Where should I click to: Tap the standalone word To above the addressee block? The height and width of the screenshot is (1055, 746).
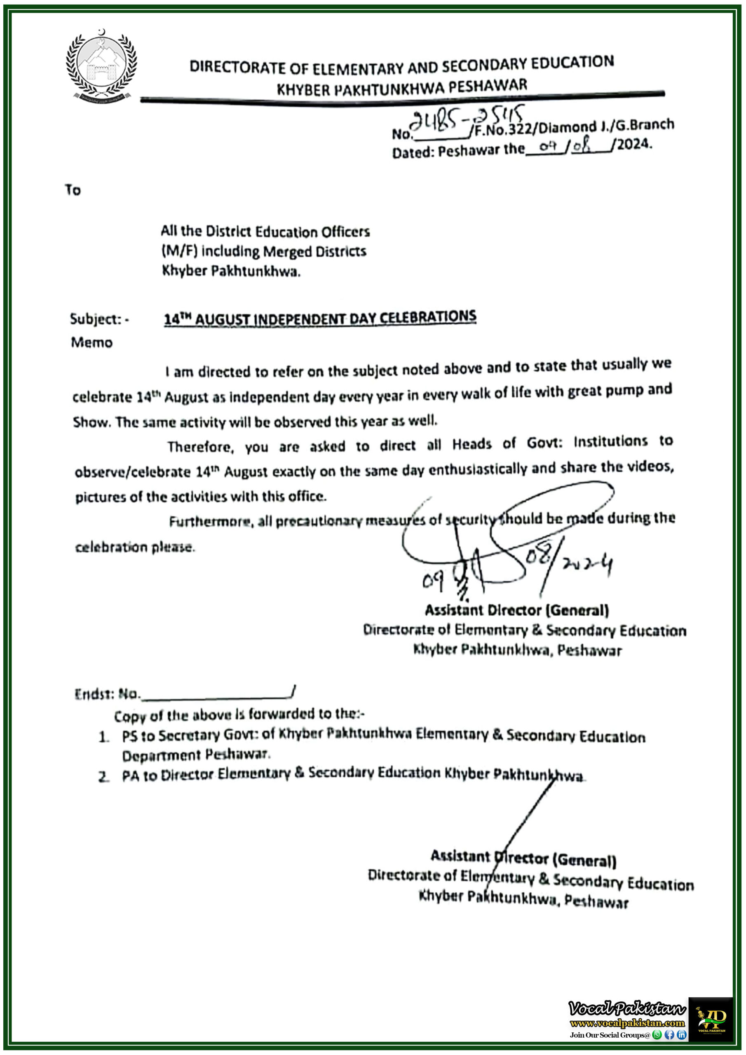[x=73, y=190]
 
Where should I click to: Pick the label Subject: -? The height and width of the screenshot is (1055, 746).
[x=99, y=319]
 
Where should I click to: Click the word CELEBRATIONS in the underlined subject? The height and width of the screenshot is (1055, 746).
[x=427, y=316]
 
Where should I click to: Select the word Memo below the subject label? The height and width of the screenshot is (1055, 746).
[x=91, y=342]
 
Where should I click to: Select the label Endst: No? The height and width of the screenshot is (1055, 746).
[x=107, y=694]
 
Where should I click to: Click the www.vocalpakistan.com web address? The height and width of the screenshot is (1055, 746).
[x=627, y=1023]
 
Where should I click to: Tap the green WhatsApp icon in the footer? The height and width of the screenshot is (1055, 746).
[x=657, y=1035]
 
